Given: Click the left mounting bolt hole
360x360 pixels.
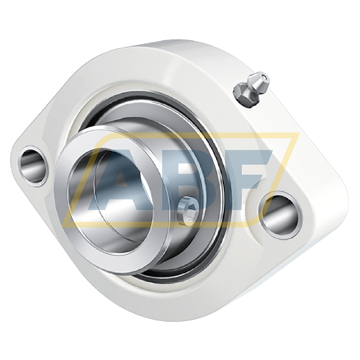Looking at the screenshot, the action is (33, 166).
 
